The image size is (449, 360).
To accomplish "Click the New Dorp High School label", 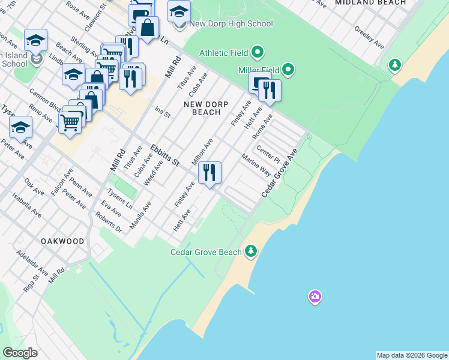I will coord(231,24).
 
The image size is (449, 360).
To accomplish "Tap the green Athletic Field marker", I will coord(258,53).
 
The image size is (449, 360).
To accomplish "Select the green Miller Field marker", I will coord(288,71).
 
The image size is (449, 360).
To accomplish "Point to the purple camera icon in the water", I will coord(315,296).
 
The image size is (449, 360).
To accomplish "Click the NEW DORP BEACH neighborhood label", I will coord(202,108).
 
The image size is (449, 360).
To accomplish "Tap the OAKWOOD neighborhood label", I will coord(62,241).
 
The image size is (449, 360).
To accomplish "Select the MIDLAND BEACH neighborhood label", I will coord(370,3).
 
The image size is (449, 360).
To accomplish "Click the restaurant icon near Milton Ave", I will coord(209,173).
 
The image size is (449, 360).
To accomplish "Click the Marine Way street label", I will coord(256,166).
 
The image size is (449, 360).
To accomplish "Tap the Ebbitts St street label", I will coord(165,155).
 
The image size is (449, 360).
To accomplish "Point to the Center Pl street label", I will coord(268,154).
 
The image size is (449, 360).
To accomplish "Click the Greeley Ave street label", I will coord(369,37).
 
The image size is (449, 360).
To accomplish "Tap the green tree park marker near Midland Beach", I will coord(394,64).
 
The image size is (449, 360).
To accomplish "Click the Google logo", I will coord(20,353).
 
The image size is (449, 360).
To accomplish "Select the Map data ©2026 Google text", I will coord(412,355).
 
